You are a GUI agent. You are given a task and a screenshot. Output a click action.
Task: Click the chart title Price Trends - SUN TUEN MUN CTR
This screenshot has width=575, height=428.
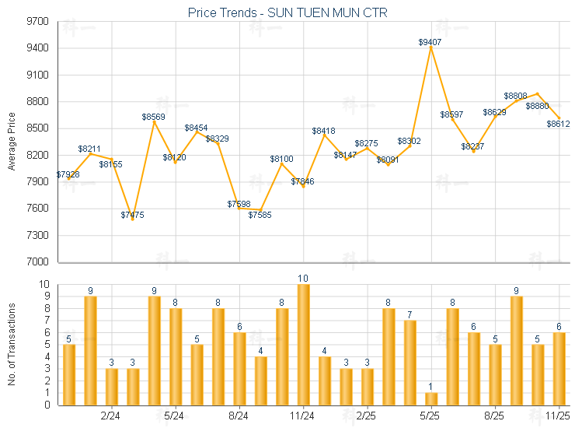pos(287,13)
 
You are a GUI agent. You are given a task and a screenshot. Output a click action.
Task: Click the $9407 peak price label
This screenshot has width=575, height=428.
pos(430,42)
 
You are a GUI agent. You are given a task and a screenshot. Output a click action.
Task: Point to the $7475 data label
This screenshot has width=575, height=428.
pos(133,215)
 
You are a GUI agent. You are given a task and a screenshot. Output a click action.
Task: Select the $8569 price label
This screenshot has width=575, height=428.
pos(154,117)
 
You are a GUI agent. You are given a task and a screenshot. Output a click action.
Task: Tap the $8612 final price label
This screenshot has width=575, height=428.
pos(558,123)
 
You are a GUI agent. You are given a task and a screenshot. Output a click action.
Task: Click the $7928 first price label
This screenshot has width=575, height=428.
pos(68,174)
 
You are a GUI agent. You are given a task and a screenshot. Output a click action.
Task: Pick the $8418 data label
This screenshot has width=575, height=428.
pos(323,131)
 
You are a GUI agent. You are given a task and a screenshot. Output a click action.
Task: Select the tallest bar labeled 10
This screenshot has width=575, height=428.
pos(303,345)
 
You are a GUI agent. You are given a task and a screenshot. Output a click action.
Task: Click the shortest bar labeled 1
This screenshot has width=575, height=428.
pos(430,398)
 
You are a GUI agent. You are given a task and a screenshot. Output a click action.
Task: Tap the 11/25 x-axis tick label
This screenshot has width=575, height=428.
pos(559,416)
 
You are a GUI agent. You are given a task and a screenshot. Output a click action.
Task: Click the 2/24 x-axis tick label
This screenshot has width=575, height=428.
pos(111,416)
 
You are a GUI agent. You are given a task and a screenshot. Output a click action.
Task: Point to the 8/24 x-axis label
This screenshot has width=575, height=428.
pos(239,416)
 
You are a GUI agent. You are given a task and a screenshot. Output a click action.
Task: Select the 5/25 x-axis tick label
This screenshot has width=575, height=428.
pos(430,416)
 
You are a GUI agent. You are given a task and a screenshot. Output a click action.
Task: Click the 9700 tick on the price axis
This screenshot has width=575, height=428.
pos(37,22)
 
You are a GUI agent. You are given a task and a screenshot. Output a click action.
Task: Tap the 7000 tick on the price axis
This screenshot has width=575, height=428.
pos(37,262)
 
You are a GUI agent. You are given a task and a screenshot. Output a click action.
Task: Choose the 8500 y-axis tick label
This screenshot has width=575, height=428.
pos(37,128)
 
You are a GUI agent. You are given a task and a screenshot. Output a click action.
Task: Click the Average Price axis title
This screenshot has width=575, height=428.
pos(12,142)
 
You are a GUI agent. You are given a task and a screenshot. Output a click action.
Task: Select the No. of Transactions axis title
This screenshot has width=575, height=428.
pos(12,345)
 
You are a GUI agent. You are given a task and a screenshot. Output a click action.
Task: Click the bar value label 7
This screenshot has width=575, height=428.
pos(409,314)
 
